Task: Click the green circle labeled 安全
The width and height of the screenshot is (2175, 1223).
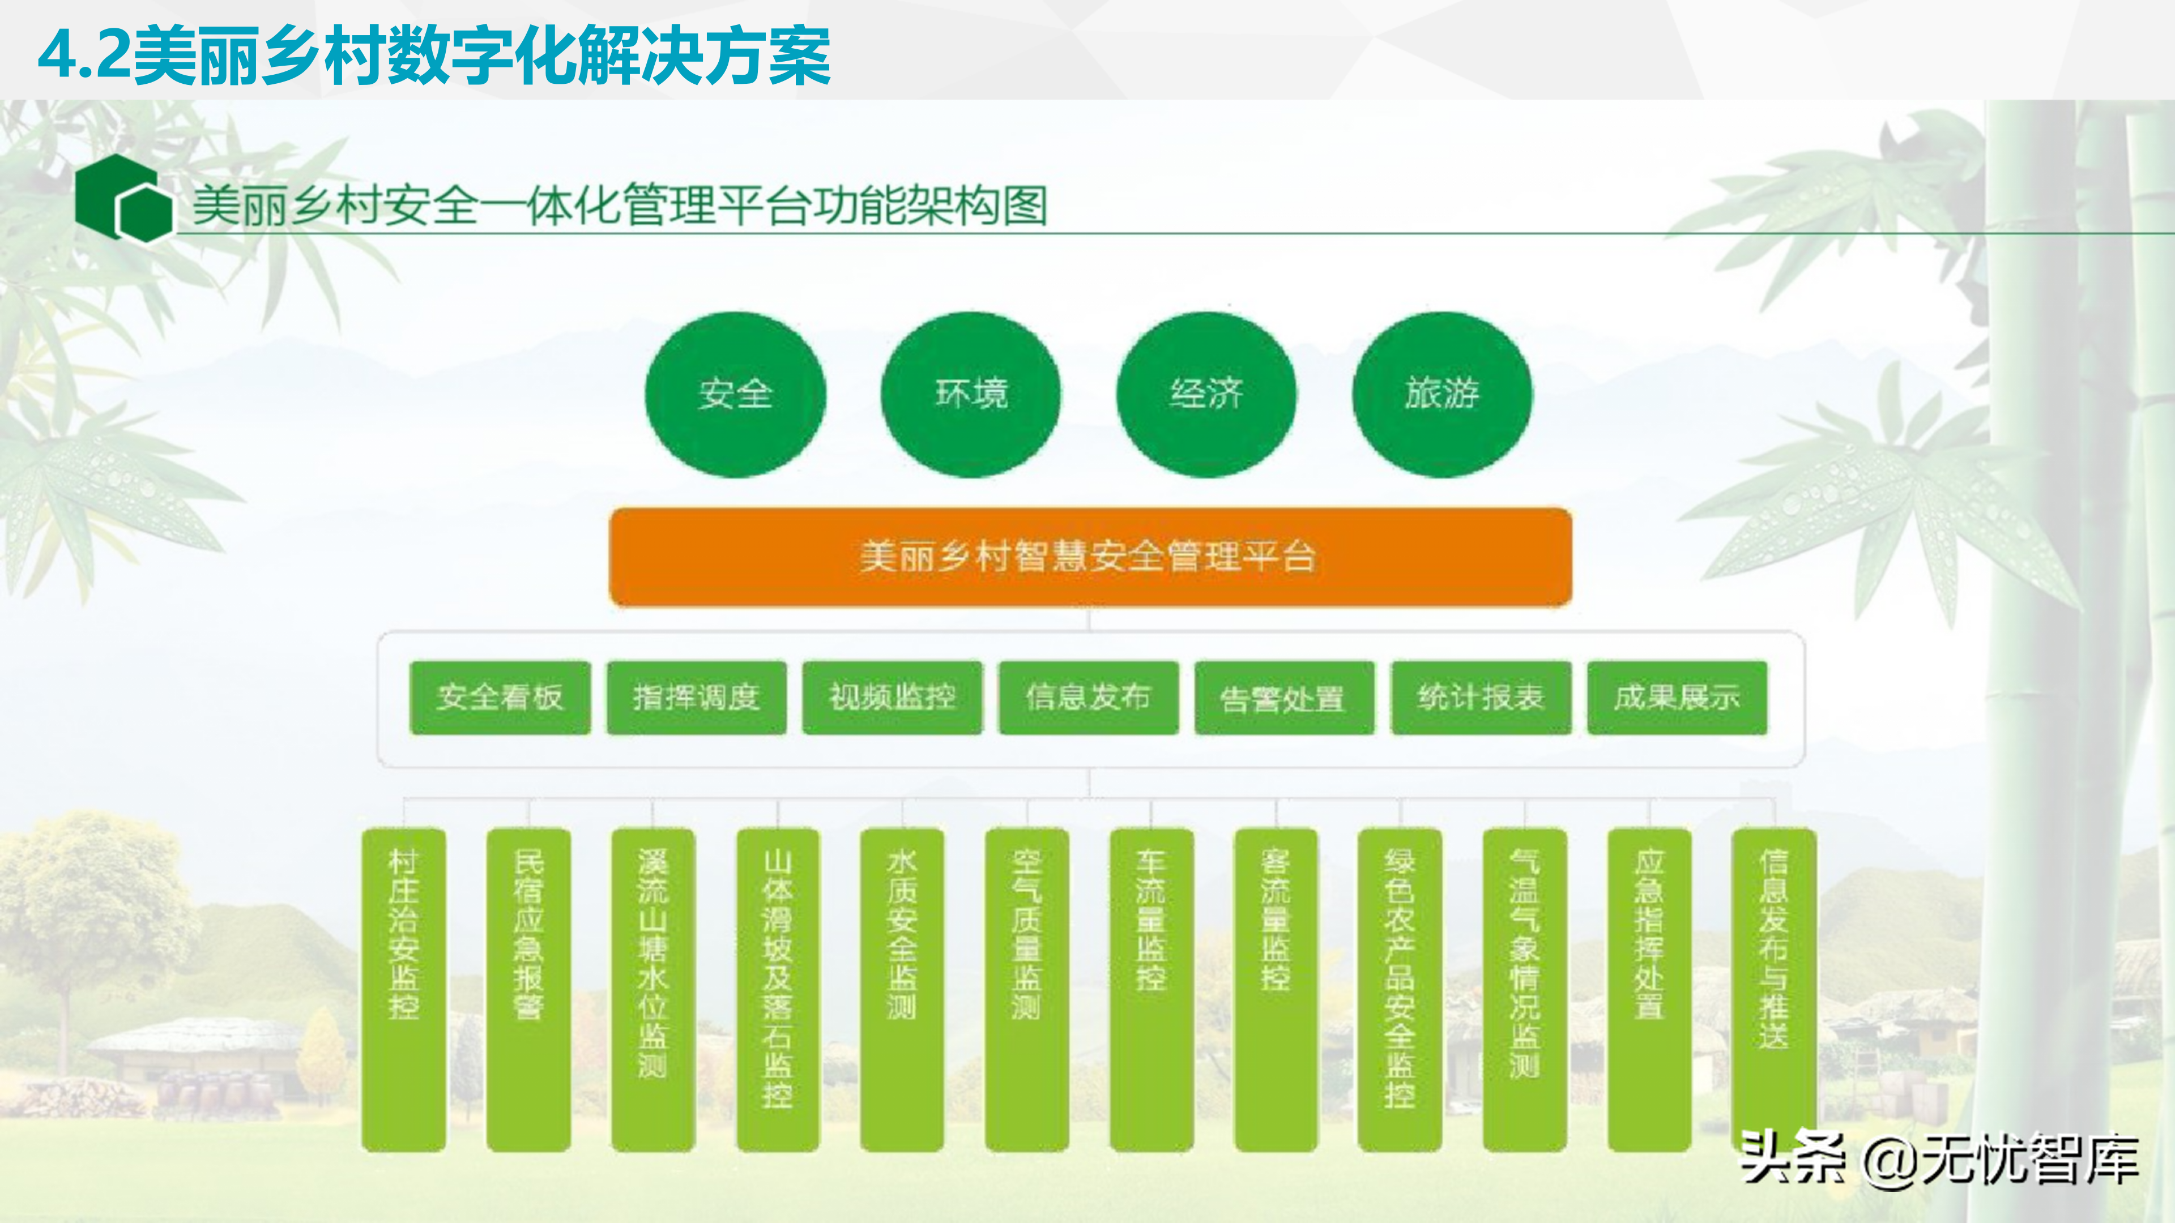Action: (735, 394)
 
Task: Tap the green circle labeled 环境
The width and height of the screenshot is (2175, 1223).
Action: (971, 394)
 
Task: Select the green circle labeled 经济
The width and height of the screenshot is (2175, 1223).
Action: (1206, 394)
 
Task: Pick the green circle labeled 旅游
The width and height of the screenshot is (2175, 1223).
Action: (1442, 394)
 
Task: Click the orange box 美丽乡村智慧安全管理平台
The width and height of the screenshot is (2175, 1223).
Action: (1089, 557)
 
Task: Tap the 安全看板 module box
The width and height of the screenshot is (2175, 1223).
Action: (500, 697)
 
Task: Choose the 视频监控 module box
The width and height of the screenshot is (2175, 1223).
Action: (893, 697)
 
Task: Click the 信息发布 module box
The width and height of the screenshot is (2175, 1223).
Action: (1088, 697)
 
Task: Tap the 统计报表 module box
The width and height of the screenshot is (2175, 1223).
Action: (1481, 697)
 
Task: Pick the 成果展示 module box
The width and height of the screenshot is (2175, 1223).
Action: (1677, 697)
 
